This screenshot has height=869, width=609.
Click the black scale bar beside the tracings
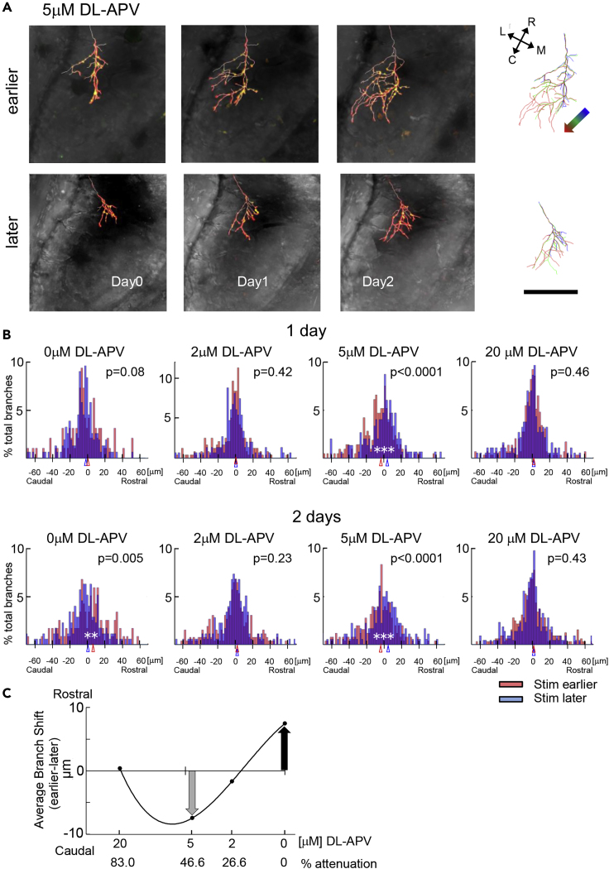[x=550, y=291]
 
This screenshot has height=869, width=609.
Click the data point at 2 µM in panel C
[x=233, y=780]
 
